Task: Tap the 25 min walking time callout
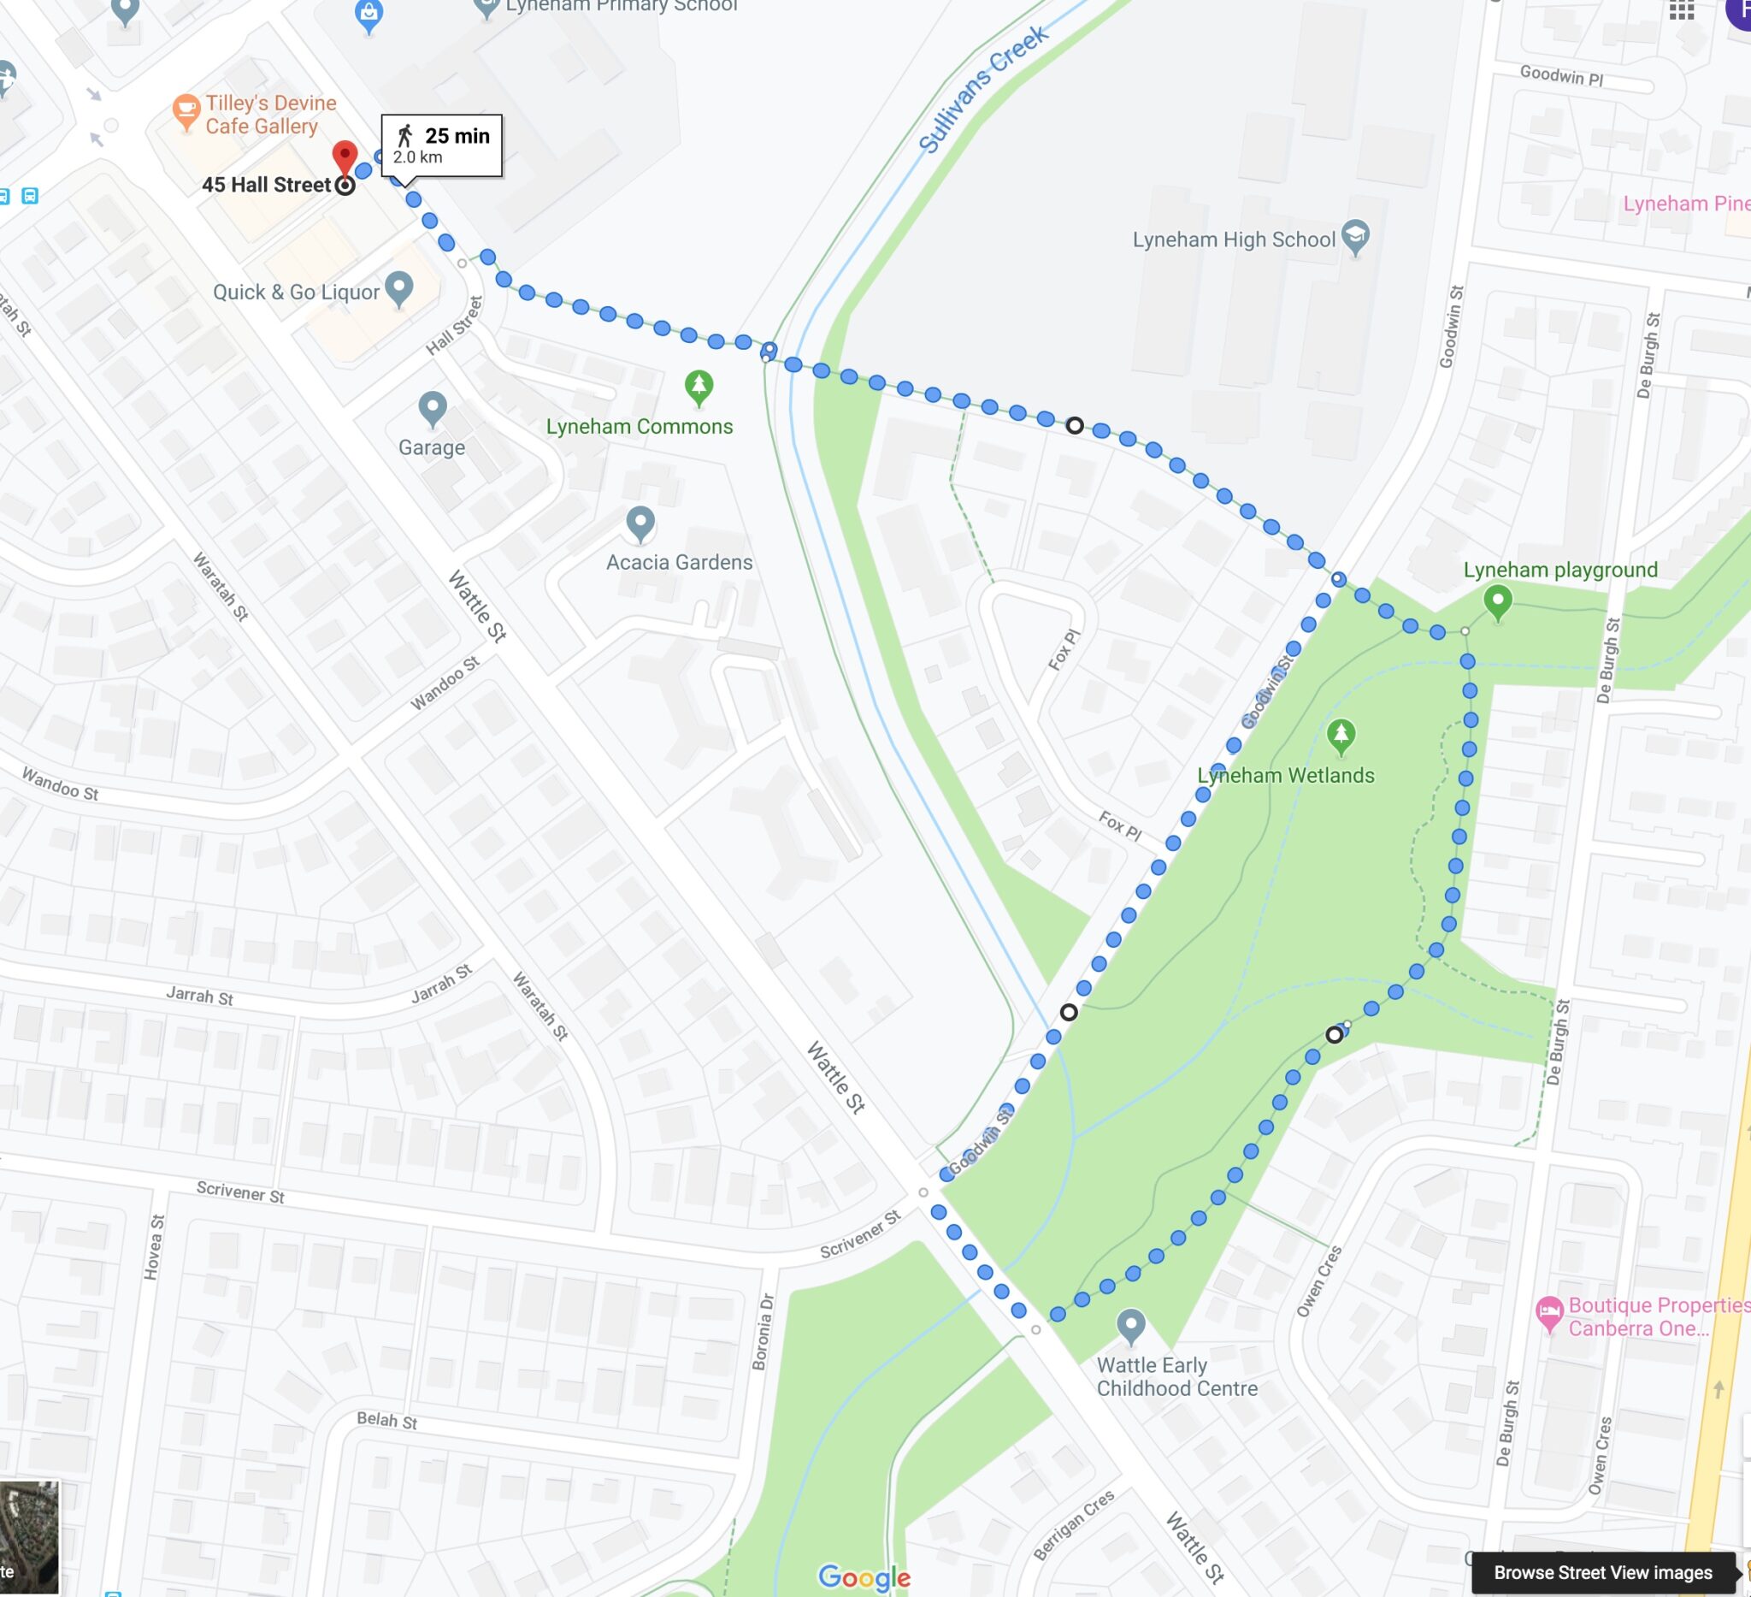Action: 441,145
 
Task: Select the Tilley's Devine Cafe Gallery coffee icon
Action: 186,110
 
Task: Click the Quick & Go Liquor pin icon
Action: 398,287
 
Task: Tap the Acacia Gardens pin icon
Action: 640,521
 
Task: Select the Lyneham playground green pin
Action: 1497,600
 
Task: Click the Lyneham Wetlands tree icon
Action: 1341,735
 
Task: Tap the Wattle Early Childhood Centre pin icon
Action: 1130,1324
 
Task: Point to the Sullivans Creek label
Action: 983,89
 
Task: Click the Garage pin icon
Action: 433,406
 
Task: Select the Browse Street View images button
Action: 1602,1572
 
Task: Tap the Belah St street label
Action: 386,1420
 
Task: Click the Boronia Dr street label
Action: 765,1332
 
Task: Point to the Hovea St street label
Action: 154,1247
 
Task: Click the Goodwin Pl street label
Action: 1561,75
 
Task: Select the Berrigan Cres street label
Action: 1074,1525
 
